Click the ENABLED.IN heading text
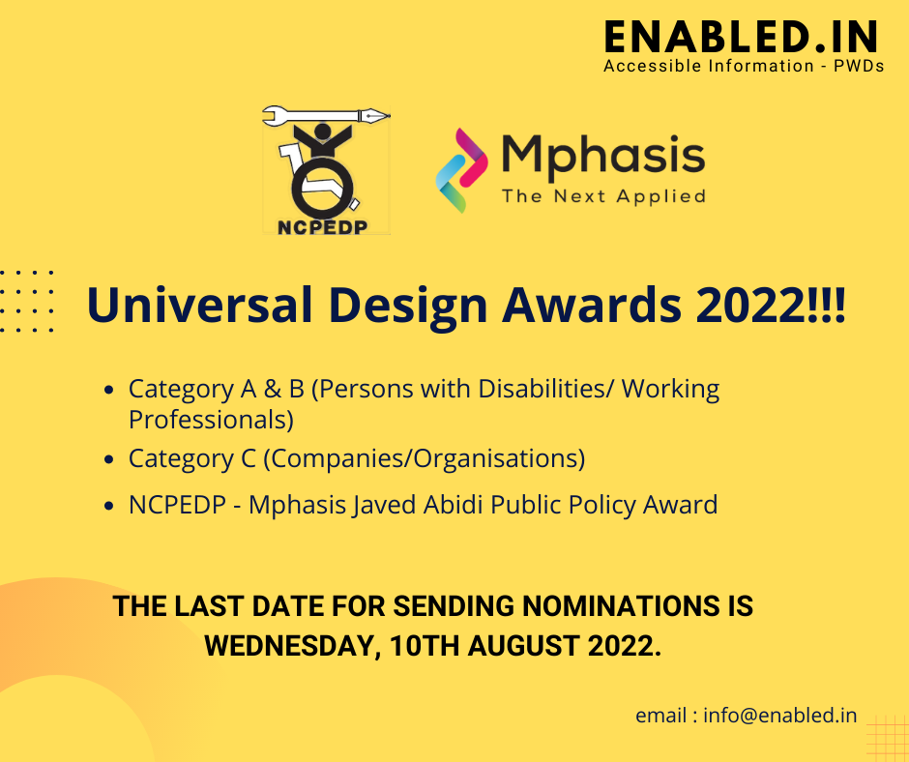tap(741, 37)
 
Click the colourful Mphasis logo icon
tap(463, 168)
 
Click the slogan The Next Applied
tap(602, 196)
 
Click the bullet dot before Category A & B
tap(111, 391)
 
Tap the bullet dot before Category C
tap(111, 460)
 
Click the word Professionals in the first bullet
tap(211, 421)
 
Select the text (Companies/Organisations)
tap(424, 458)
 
